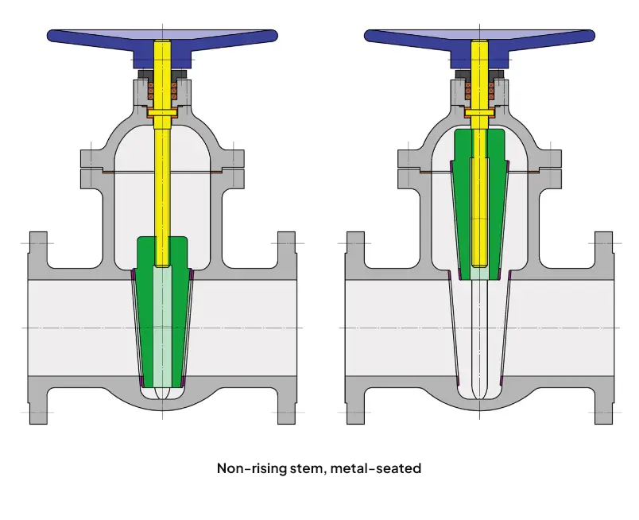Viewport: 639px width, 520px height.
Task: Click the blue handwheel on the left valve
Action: [x=87, y=36]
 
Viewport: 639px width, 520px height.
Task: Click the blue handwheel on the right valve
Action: [x=405, y=36]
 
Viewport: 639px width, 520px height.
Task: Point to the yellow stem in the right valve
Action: [x=480, y=80]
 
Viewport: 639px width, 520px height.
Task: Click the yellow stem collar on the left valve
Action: [x=162, y=112]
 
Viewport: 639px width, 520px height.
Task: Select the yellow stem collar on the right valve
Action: [x=480, y=112]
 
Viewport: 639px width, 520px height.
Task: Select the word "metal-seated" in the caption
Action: [x=380, y=468]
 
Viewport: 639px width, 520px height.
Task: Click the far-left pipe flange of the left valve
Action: [x=38, y=326]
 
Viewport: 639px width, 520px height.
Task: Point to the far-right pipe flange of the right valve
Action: [x=604, y=326]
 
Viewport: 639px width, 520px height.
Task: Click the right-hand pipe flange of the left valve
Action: [x=286, y=326]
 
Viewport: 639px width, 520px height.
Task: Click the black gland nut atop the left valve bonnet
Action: [x=162, y=75]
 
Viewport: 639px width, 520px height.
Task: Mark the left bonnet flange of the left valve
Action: [x=91, y=169]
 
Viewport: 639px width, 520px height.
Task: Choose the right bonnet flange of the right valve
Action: [x=552, y=169]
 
